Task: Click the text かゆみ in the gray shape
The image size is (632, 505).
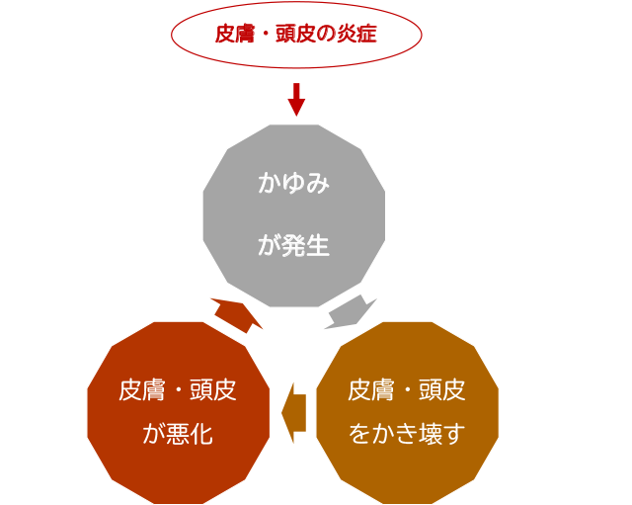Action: (x=293, y=184)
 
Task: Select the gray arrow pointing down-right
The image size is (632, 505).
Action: (x=350, y=311)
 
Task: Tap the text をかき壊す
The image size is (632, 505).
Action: (x=406, y=434)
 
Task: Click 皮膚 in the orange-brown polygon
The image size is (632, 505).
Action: (x=367, y=390)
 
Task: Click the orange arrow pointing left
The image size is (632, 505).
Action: (x=293, y=411)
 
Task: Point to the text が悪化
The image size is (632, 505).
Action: (x=178, y=434)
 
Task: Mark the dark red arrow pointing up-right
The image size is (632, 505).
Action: (x=237, y=311)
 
